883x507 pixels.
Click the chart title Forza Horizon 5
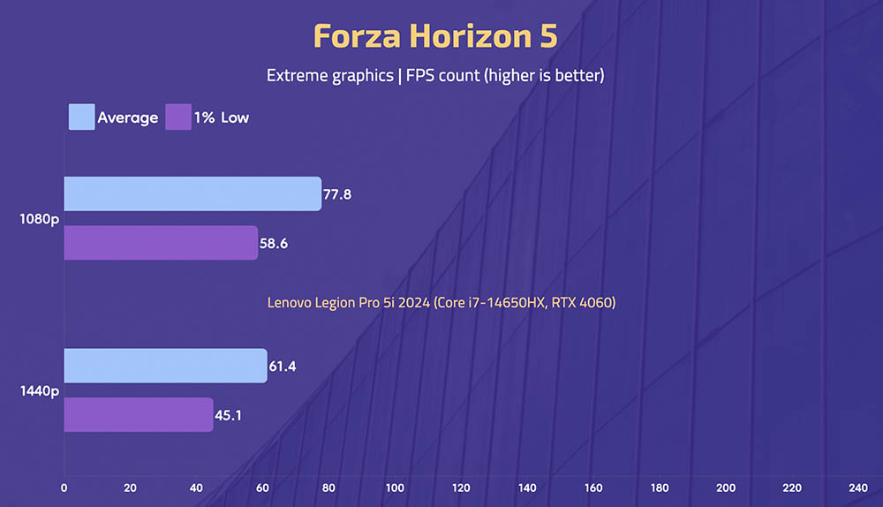coord(435,36)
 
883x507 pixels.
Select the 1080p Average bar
coord(192,193)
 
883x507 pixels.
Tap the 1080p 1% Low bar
coord(161,243)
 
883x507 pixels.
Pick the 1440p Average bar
coord(166,366)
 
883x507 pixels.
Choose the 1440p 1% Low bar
coord(139,414)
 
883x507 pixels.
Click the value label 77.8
coord(337,194)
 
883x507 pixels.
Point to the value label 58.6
coord(274,244)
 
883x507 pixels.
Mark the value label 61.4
coord(283,367)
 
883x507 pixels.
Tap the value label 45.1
coord(228,415)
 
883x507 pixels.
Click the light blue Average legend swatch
coord(81,117)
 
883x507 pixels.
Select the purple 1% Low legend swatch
coord(178,117)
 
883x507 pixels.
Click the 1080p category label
coord(40,219)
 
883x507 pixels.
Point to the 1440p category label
coord(40,391)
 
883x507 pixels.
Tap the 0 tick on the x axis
coord(64,488)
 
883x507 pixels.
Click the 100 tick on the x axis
coord(395,488)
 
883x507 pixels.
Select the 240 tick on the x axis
coord(858,488)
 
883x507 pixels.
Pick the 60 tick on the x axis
coord(262,488)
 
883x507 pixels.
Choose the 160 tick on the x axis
coord(593,488)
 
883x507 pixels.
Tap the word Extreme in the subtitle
coord(298,75)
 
